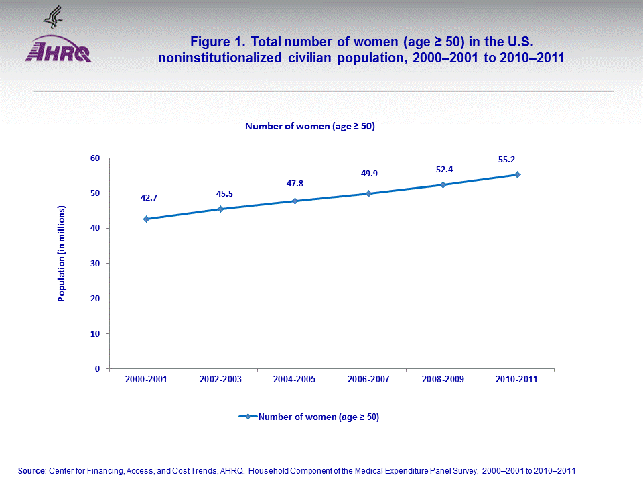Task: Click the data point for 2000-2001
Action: tap(146, 219)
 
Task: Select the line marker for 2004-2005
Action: tap(295, 201)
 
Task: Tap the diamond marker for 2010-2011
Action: tap(517, 174)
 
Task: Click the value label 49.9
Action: tap(369, 174)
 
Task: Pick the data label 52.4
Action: tap(444, 170)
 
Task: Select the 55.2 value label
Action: tap(516, 160)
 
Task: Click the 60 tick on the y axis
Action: tap(94, 158)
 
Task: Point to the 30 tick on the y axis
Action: tap(94, 264)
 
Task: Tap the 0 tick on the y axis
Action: tap(97, 369)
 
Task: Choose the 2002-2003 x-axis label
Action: tap(220, 380)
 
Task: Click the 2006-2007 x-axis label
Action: tap(369, 380)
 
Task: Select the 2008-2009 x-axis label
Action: tap(443, 380)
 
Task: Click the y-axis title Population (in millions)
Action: tap(62, 254)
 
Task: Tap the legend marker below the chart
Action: tap(248, 417)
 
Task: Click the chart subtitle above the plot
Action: tap(309, 126)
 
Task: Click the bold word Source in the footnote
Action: tap(31, 471)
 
